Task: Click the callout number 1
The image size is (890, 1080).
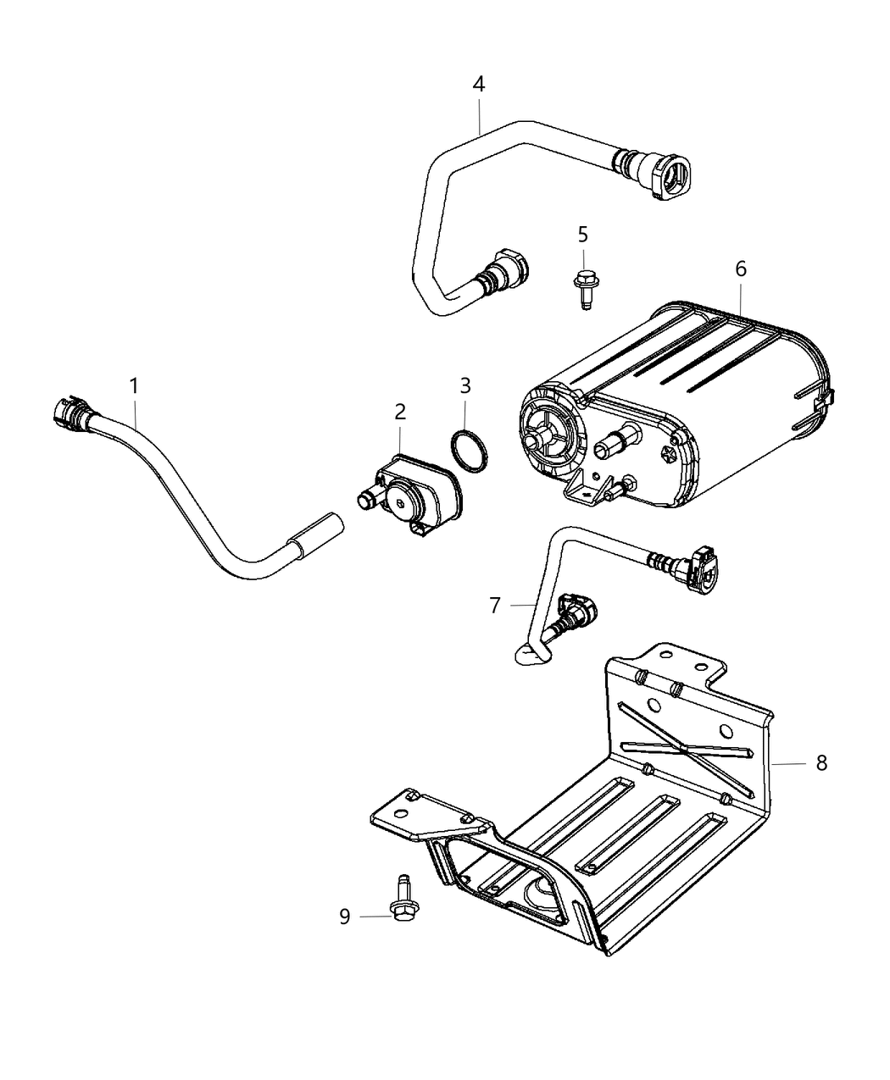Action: pos(133,386)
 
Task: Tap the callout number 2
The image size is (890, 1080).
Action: pos(399,412)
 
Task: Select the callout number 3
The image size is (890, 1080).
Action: pos(464,386)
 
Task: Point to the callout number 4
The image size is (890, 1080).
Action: pos(479,85)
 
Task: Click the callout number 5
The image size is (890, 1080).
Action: pos(582,234)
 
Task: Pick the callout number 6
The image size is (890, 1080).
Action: pos(741,269)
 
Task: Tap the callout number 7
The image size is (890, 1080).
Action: pos(495,605)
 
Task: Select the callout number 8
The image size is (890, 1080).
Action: pos(820,762)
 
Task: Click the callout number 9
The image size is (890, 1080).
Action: pos(345,917)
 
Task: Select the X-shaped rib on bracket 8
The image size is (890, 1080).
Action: pos(687,744)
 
